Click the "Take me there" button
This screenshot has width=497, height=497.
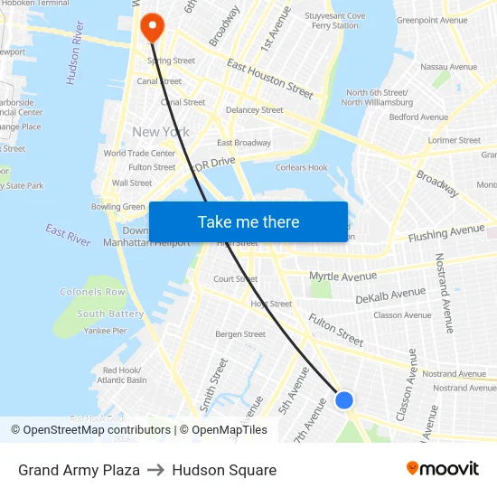tap(248, 221)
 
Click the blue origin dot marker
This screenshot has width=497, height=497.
tap(344, 399)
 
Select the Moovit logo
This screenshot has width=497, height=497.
tap(443, 469)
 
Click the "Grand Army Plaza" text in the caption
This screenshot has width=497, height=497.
tap(79, 470)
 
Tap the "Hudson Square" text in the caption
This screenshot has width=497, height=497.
tap(224, 470)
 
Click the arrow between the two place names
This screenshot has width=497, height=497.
tap(155, 470)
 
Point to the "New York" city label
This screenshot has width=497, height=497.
tap(161, 132)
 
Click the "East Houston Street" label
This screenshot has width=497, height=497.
tap(270, 79)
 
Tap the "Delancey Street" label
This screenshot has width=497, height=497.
tap(254, 110)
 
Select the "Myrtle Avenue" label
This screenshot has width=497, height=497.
tap(342, 276)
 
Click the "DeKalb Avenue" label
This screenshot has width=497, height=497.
tap(390, 295)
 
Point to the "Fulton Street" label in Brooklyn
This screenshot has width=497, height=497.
tap(335, 330)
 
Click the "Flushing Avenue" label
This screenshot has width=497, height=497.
tap(446, 233)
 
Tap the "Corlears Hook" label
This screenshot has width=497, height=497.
tap(302, 167)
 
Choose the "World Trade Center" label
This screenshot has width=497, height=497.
tap(139, 154)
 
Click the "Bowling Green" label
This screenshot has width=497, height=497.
tap(117, 207)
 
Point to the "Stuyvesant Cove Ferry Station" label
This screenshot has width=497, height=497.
tap(334, 21)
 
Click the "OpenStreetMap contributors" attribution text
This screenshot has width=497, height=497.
tap(97, 430)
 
